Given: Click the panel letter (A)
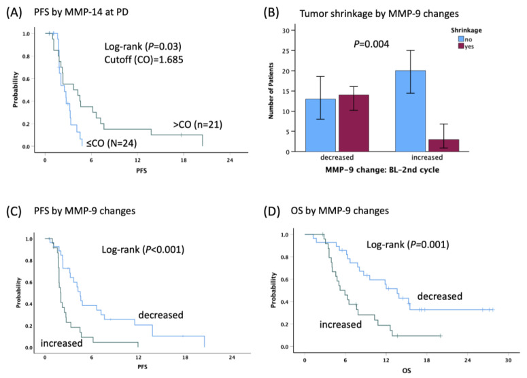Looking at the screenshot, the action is [14, 12].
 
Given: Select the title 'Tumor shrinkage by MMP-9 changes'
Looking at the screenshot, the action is [379, 14].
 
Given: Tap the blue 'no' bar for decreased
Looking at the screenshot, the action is [321, 125].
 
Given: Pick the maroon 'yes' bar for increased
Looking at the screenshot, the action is [443, 145].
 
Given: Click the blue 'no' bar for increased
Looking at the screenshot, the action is [410, 111].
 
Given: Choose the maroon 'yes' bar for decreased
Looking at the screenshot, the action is [354, 123].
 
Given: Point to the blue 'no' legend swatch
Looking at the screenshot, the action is [461, 39].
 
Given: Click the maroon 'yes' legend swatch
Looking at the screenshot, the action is [461, 46].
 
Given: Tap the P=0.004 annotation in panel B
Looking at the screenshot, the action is [371, 44].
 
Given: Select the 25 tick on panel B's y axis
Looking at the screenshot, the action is [286, 51].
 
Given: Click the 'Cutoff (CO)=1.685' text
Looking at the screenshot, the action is [144, 60].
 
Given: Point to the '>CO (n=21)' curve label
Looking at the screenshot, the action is [198, 124].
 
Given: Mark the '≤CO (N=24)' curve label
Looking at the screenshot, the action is [112, 143].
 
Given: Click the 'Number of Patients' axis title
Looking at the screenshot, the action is [271, 90].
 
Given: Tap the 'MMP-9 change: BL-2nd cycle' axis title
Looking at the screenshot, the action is [382, 170].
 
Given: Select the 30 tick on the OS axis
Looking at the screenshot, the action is [508, 360].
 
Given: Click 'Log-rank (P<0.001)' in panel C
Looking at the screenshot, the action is [143, 250].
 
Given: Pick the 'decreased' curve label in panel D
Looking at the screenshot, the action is [440, 296].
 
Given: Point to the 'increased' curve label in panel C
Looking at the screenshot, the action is [61, 343].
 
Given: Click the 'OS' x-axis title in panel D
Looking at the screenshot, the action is [407, 371].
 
